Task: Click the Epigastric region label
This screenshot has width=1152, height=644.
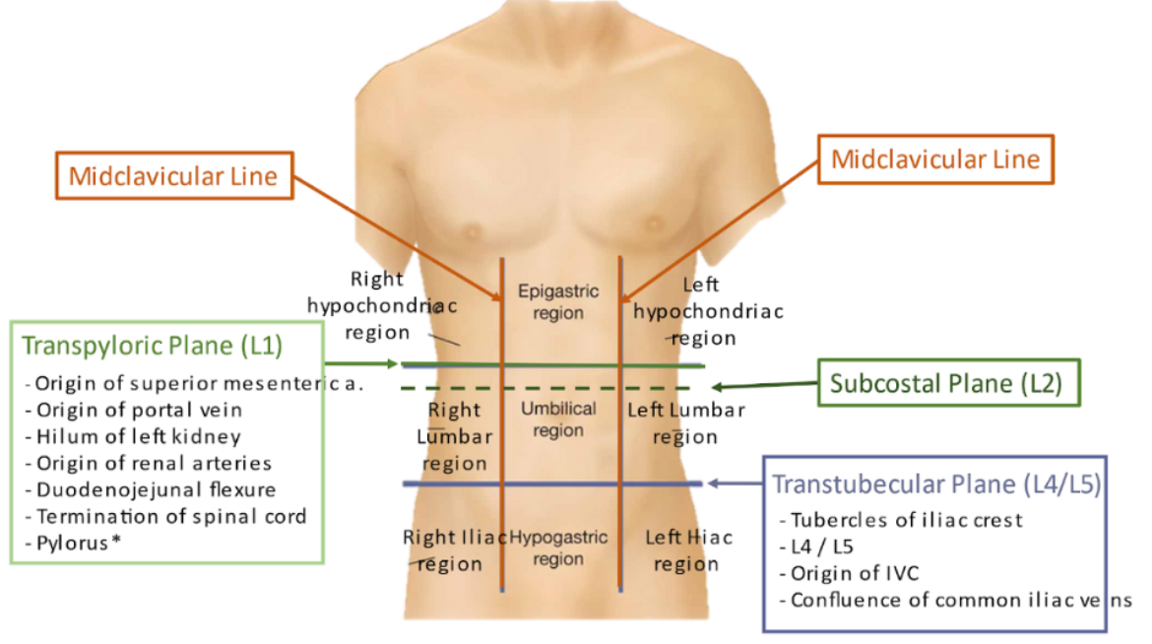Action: (558, 302)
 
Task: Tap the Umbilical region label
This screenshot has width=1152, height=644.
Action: (558, 419)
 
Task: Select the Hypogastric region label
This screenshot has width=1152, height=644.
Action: (558, 548)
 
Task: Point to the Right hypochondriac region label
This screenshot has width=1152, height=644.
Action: (381, 305)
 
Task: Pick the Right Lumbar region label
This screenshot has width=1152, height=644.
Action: (454, 436)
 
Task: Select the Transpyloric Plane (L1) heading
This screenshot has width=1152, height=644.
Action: (152, 346)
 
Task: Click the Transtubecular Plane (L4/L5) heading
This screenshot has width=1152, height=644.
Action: (936, 483)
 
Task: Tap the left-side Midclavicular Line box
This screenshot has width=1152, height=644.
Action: (172, 177)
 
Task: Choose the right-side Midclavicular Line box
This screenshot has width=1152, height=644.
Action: (935, 159)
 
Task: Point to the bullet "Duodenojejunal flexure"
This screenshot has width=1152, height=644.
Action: (156, 489)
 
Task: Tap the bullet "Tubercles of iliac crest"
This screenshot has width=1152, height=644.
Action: (906, 520)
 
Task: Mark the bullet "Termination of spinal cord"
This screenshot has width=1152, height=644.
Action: (170, 516)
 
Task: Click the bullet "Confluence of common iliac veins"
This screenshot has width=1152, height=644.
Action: (960, 600)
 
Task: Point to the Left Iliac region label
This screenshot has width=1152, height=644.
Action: (688, 550)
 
